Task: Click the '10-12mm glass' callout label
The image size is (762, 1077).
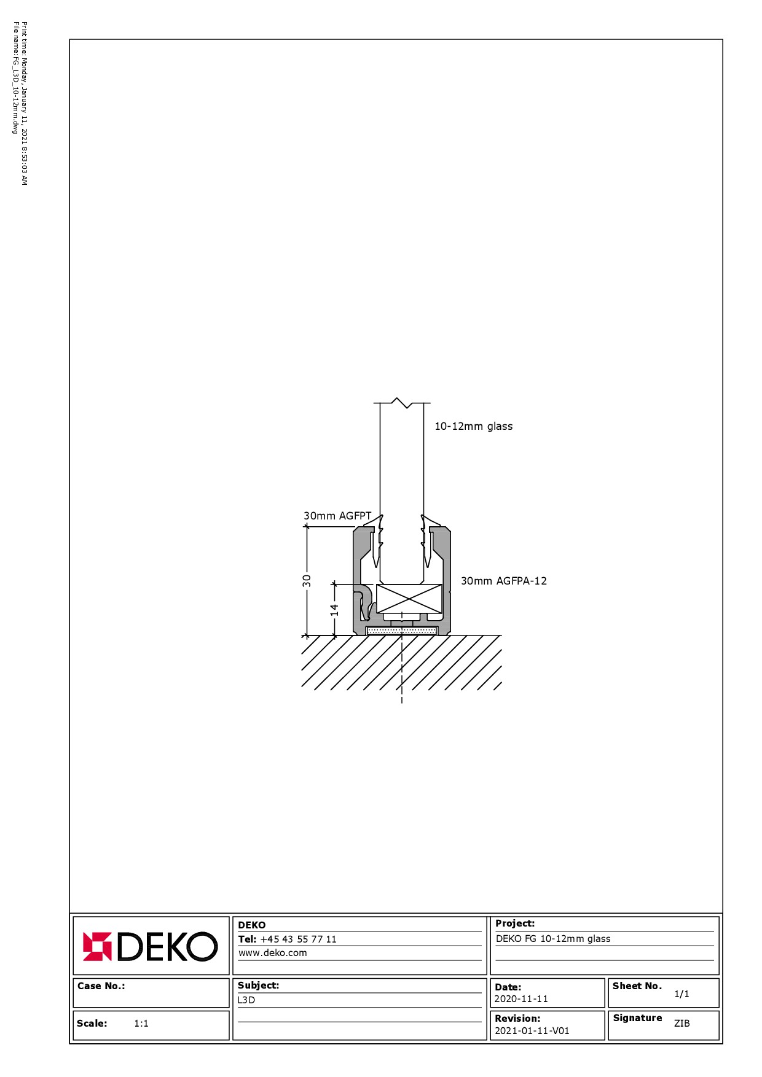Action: click(x=473, y=426)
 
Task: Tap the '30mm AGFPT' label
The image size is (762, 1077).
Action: click(x=337, y=516)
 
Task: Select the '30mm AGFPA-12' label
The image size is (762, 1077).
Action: click(x=504, y=581)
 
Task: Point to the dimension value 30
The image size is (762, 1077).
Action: click(x=307, y=580)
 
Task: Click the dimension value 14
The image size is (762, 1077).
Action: click(x=334, y=610)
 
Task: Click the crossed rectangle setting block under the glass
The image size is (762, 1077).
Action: click(x=409, y=599)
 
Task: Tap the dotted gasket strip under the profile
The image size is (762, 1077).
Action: click(x=402, y=631)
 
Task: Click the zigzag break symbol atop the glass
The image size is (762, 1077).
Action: click(x=402, y=403)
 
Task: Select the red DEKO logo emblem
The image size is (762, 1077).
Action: click(x=98, y=946)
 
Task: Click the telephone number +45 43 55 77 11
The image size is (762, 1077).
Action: click(x=299, y=939)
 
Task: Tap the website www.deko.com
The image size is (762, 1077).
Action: click(x=273, y=953)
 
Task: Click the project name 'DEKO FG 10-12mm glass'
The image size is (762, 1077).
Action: click(x=553, y=938)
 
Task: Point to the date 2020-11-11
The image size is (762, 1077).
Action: click(x=521, y=999)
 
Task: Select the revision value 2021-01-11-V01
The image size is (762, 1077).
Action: click(x=532, y=1031)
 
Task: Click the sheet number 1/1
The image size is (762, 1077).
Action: click(x=681, y=993)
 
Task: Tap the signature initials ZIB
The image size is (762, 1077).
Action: click(x=682, y=1023)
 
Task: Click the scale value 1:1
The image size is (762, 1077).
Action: click(x=141, y=1023)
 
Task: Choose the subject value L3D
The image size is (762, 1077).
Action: click(x=246, y=1000)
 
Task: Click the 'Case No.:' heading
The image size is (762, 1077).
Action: click(x=101, y=986)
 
